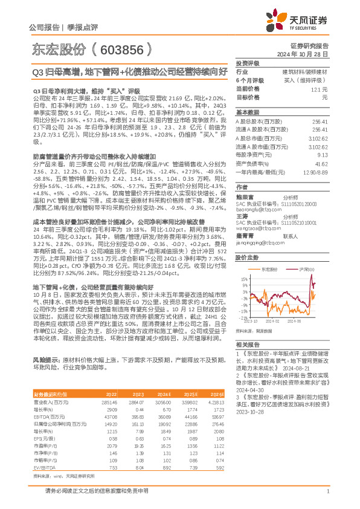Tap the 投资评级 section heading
tap(247, 63)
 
